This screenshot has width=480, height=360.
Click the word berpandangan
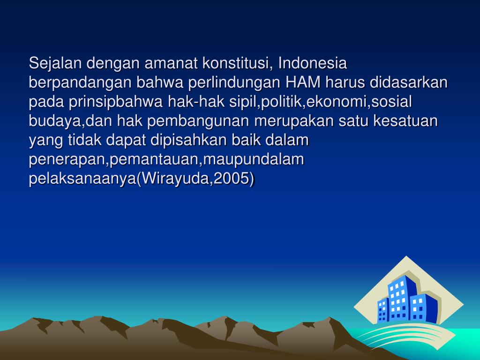click(80, 82)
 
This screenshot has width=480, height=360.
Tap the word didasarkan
click(409, 82)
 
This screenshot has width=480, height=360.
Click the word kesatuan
click(406, 121)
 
